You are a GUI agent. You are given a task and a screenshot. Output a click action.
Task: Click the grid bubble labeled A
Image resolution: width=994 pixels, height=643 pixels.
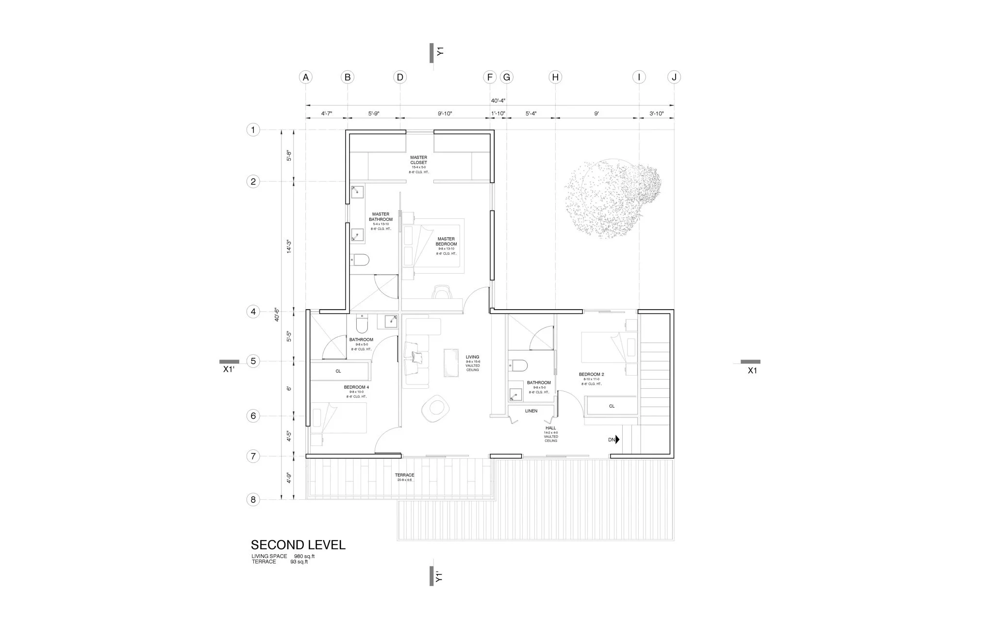pyautogui.click(x=305, y=77)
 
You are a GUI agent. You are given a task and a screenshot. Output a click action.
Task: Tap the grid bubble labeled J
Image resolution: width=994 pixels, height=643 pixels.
pyautogui.click(x=674, y=77)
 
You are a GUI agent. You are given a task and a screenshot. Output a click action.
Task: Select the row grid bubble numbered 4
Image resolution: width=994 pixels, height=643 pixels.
pyautogui.click(x=253, y=312)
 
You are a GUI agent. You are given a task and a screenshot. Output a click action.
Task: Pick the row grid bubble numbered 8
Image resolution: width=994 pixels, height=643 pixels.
pyautogui.click(x=253, y=499)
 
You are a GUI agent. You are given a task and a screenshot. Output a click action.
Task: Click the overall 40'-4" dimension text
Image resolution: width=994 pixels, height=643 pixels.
pyautogui.click(x=498, y=101)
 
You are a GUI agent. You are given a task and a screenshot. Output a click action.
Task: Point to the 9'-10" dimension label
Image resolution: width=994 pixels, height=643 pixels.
pyautogui.click(x=445, y=114)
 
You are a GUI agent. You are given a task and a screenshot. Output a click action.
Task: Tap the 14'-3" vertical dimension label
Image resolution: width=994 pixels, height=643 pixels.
pyautogui.click(x=289, y=247)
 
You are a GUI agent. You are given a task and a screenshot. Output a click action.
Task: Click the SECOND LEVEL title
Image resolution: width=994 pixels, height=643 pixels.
pyautogui.click(x=298, y=545)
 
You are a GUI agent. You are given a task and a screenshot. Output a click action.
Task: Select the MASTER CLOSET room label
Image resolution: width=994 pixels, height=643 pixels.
pyautogui.click(x=418, y=160)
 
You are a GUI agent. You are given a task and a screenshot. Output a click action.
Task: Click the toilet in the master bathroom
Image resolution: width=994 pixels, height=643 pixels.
pyautogui.click(x=360, y=260)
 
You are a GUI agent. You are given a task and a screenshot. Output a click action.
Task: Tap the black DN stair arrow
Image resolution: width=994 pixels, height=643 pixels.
pyautogui.click(x=617, y=440)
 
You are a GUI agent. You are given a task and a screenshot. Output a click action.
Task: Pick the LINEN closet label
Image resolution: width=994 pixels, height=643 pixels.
pyautogui.click(x=531, y=411)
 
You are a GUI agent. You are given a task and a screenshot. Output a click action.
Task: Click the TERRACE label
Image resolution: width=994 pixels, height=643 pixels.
pyautogui.click(x=404, y=475)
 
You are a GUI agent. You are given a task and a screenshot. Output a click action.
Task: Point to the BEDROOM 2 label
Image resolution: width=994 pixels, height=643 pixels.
pyautogui.click(x=591, y=375)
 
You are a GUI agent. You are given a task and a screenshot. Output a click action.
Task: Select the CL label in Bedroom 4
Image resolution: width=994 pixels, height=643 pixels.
pyautogui.click(x=338, y=371)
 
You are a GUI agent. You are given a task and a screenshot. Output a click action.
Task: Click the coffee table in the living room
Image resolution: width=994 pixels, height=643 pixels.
pyautogui.click(x=452, y=363)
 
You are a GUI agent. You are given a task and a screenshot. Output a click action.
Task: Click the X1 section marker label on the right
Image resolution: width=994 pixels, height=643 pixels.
pyautogui.click(x=752, y=370)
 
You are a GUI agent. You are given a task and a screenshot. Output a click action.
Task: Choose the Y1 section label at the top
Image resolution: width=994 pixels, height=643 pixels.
pyautogui.click(x=440, y=51)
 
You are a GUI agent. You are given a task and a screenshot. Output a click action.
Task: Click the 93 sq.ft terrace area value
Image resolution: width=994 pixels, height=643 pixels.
pyautogui.click(x=299, y=562)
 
